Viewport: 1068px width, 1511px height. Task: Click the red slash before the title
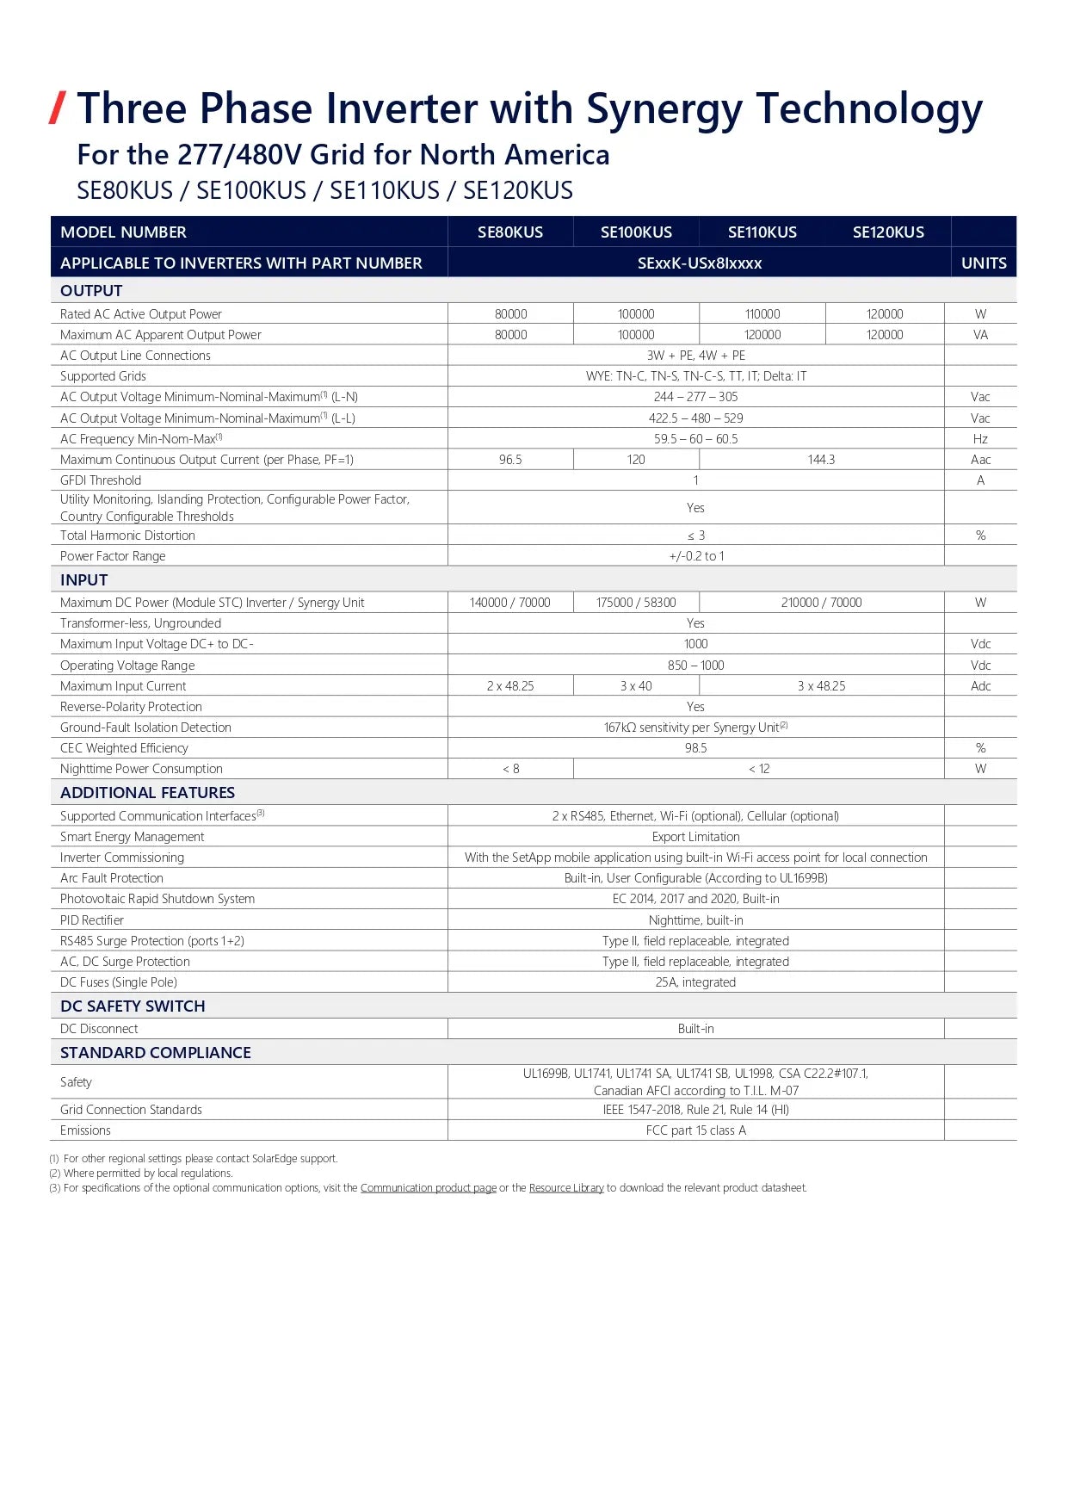pos(58,108)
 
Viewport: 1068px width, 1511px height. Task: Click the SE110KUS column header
pos(762,232)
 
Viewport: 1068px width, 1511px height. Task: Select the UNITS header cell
pos(983,263)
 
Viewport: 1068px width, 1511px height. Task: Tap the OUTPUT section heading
pos(91,291)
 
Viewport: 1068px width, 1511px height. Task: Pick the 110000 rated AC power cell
pos(762,314)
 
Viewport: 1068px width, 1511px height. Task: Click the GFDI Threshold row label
pos(101,480)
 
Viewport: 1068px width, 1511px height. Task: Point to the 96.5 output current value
pos(510,460)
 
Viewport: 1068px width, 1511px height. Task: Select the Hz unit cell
pos(980,439)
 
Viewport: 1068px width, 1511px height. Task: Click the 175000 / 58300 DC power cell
pos(636,603)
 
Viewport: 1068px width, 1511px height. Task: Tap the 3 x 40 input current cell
pos(636,686)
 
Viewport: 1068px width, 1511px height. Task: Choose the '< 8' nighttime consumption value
pos(510,769)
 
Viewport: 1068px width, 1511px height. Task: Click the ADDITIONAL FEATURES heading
pos(147,793)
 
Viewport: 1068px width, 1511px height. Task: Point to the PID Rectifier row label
pos(92,920)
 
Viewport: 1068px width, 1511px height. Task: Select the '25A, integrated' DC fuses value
pos(695,982)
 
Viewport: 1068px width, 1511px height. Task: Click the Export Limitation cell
pos(695,837)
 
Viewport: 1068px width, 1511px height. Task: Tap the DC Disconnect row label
pos(99,1029)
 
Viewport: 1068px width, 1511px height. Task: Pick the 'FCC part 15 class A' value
pos(695,1130)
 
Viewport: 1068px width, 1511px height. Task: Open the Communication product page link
pos(428,1188)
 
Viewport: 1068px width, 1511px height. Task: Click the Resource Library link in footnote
pos(566,1188)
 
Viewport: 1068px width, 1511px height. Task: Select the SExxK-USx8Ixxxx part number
pos(699,263)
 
